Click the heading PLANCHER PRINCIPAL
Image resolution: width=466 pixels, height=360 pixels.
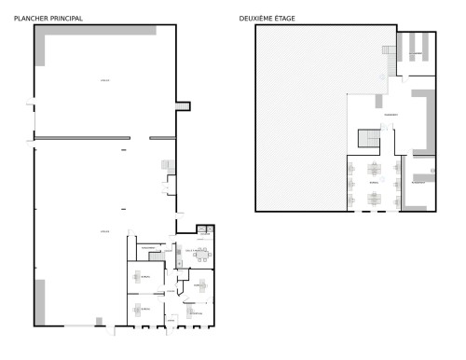48,18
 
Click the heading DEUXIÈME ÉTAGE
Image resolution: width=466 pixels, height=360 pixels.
267,18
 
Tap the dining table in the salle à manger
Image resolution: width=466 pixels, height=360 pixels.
198,253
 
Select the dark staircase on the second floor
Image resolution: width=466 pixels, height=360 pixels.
370,139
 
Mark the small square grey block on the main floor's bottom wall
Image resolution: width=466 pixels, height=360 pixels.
99,322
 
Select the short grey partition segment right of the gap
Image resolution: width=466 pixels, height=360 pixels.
163,138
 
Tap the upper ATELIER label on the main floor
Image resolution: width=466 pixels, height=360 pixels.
104,82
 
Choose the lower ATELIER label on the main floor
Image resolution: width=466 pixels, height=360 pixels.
104,230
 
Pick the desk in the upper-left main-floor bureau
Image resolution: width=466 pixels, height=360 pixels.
144,276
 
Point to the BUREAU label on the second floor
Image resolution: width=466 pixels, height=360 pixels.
375,184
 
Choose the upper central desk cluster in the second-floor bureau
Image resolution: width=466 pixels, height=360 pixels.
375,170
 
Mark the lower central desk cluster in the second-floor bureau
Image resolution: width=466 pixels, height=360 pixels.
375,196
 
